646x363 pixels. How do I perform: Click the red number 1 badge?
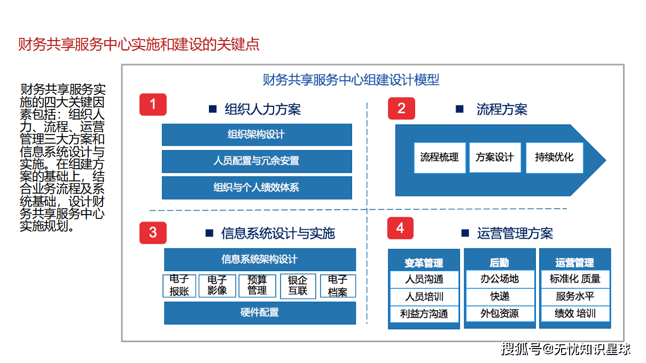[x=153, y=105]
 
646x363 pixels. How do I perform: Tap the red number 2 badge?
[x=401, y=109]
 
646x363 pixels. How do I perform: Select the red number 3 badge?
[x=153, y=233]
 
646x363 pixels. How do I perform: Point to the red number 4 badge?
[x=401, y=228]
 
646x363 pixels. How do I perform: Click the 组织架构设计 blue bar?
[x=256, y=135]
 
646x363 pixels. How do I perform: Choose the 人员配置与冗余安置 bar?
[x=256, y=161]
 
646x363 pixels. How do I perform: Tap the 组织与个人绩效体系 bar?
[x=256, y=187]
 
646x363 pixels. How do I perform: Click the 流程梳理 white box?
[x=440, y=157]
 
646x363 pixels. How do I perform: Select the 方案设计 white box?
[x=495, y=157]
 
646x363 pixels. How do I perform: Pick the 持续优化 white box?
[x=554, y=157]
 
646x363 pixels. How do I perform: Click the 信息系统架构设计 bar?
[x=260, y=259]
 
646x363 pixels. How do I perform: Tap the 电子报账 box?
[x=180, y=286]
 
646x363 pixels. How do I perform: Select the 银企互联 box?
[x=298, y=286]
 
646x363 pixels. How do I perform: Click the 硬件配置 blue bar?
[x=260, y=313]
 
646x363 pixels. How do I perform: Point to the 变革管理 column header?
[x=424, y=263]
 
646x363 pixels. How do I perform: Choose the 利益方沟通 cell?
[x=424, y=314]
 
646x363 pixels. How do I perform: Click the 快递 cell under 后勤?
[x=500, y=296]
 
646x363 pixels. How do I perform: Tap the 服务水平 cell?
[x=575, y=296]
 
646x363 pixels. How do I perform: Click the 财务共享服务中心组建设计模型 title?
[x=351, y=80]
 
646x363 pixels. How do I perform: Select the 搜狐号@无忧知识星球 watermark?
[x=565, y=349]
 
